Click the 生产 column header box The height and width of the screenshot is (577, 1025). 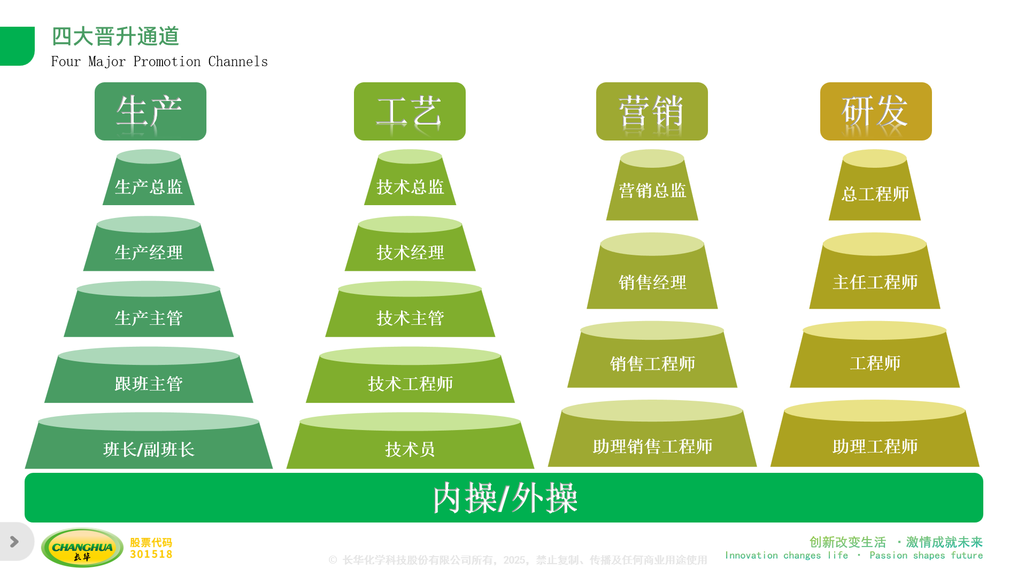pos(150,111)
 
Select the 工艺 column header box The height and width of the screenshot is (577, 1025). pos(410,111)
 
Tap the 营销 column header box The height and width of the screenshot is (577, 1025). pos(652,111)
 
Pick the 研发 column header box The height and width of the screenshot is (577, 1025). pos(876,111)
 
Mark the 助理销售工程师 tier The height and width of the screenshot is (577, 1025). pos(652,446)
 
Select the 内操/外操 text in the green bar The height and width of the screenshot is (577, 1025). pos(505,498)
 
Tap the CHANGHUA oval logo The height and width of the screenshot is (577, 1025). pos(82,548)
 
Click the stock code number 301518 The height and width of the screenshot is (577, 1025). pos(151,555)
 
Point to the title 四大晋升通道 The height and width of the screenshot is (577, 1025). pos(115,36)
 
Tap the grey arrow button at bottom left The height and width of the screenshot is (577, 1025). pos(15,542)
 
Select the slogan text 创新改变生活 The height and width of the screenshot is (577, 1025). pos(847,542)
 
